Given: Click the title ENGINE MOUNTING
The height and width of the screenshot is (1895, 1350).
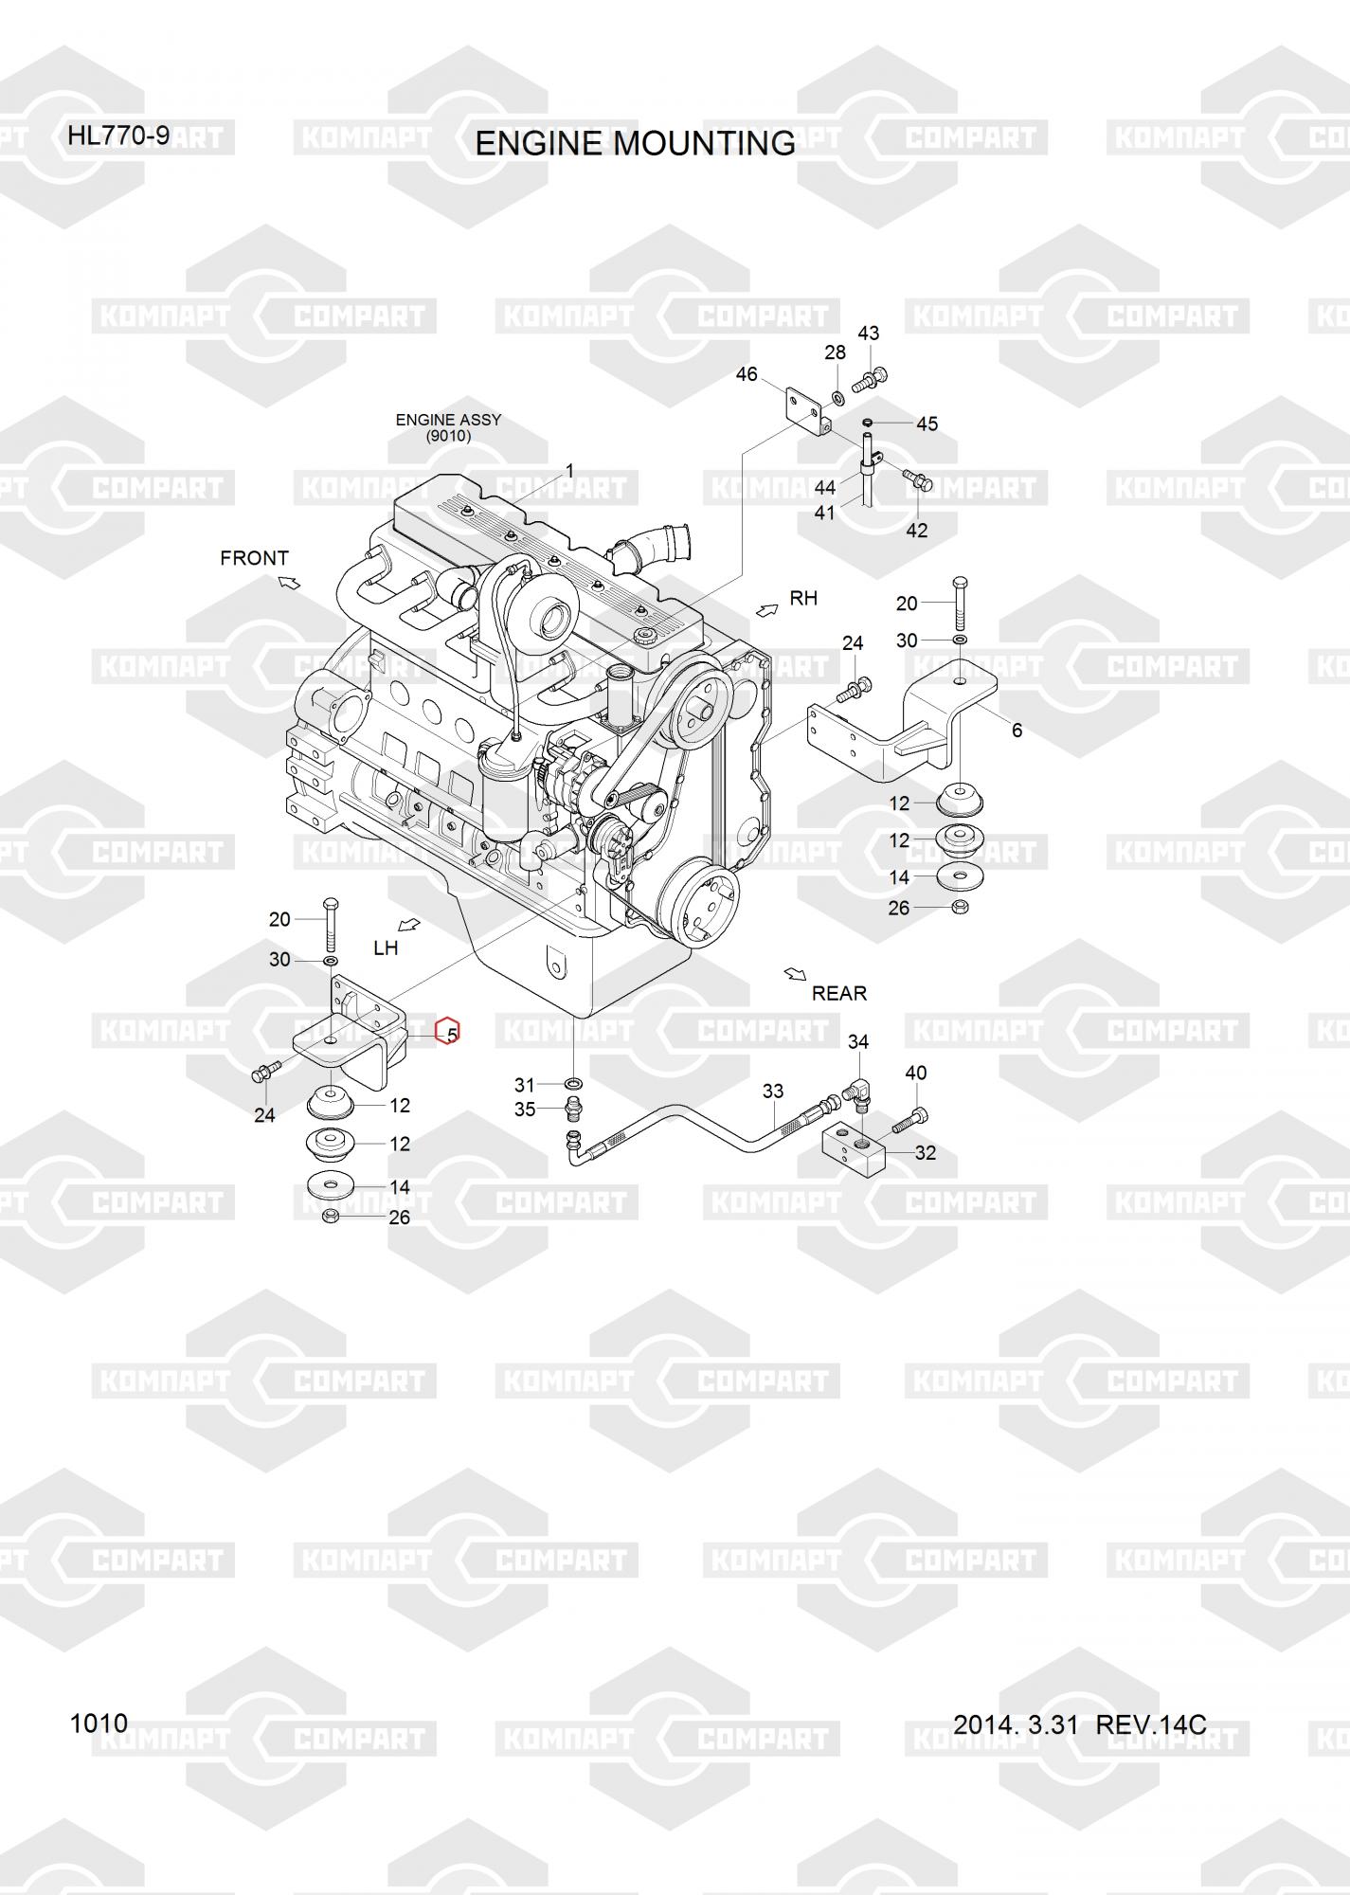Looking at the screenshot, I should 635,143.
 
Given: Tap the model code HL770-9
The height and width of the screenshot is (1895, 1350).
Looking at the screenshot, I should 118,136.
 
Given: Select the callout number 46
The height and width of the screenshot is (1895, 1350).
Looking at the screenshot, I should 747,374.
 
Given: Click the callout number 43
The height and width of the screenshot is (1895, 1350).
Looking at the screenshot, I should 868,334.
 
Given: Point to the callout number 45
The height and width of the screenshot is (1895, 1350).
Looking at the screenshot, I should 927,424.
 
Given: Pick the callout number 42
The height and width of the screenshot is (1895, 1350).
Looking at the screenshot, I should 916,531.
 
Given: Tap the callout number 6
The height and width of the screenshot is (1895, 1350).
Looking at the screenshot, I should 1017,731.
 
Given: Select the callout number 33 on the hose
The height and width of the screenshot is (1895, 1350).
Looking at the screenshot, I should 773,1092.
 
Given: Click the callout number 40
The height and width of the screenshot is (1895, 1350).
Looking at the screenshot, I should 915,1073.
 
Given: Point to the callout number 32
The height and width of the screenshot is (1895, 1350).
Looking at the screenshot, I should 925,1153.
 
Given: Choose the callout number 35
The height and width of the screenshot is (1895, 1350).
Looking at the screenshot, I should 525,1110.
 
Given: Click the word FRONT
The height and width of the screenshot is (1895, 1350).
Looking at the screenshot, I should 254,558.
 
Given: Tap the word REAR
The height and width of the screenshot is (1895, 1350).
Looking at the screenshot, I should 839,993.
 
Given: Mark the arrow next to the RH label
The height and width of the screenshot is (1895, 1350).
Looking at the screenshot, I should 766,609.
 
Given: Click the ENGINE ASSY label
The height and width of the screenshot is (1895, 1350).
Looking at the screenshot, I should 448,420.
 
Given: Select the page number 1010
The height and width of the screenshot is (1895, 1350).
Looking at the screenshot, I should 99,1723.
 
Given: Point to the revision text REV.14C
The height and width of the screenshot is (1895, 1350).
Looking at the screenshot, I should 1150,1724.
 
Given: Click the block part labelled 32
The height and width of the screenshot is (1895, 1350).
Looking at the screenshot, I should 852,1148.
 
